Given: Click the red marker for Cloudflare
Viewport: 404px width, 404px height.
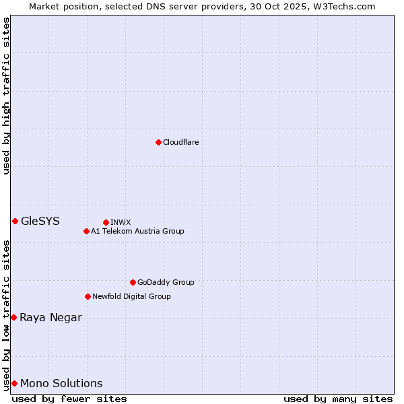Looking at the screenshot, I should click(158, 142).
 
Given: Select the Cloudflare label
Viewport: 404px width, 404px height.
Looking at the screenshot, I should click(181, 142).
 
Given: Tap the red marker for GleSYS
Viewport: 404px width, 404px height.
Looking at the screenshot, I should click(15, 221).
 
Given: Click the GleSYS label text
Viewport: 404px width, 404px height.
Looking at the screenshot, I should click(40, 221).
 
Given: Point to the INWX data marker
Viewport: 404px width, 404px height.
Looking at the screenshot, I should click(106, 222).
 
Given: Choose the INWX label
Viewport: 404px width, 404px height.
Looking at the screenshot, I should click(121, 222).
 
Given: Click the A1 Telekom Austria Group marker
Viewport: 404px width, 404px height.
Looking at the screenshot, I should click(86, 231).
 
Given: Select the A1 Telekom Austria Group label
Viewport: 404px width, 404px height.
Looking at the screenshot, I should click(137, 231).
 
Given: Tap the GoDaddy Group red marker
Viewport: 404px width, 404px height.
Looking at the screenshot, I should click(133, 282).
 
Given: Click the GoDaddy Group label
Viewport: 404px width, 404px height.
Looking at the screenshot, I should click(166, 282).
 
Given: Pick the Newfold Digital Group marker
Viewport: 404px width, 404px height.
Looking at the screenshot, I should click(88, 296).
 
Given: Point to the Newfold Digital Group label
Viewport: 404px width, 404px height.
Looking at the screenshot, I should click(131, 296).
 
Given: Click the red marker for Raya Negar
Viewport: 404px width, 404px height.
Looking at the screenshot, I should click(13, 317).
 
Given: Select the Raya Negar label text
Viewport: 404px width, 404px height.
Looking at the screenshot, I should click(50, 318).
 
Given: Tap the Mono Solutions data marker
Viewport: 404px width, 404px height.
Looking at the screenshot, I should click(14, 383).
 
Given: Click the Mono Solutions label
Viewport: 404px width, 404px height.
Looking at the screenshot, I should click(61, 384).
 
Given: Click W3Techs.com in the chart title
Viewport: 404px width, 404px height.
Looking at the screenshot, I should click(347, 6).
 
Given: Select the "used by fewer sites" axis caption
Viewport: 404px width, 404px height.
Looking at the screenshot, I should click(69, 399).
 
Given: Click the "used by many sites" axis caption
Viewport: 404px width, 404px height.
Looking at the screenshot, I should click(338, 399).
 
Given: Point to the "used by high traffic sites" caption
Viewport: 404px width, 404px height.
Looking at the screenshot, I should click(6, 96).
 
